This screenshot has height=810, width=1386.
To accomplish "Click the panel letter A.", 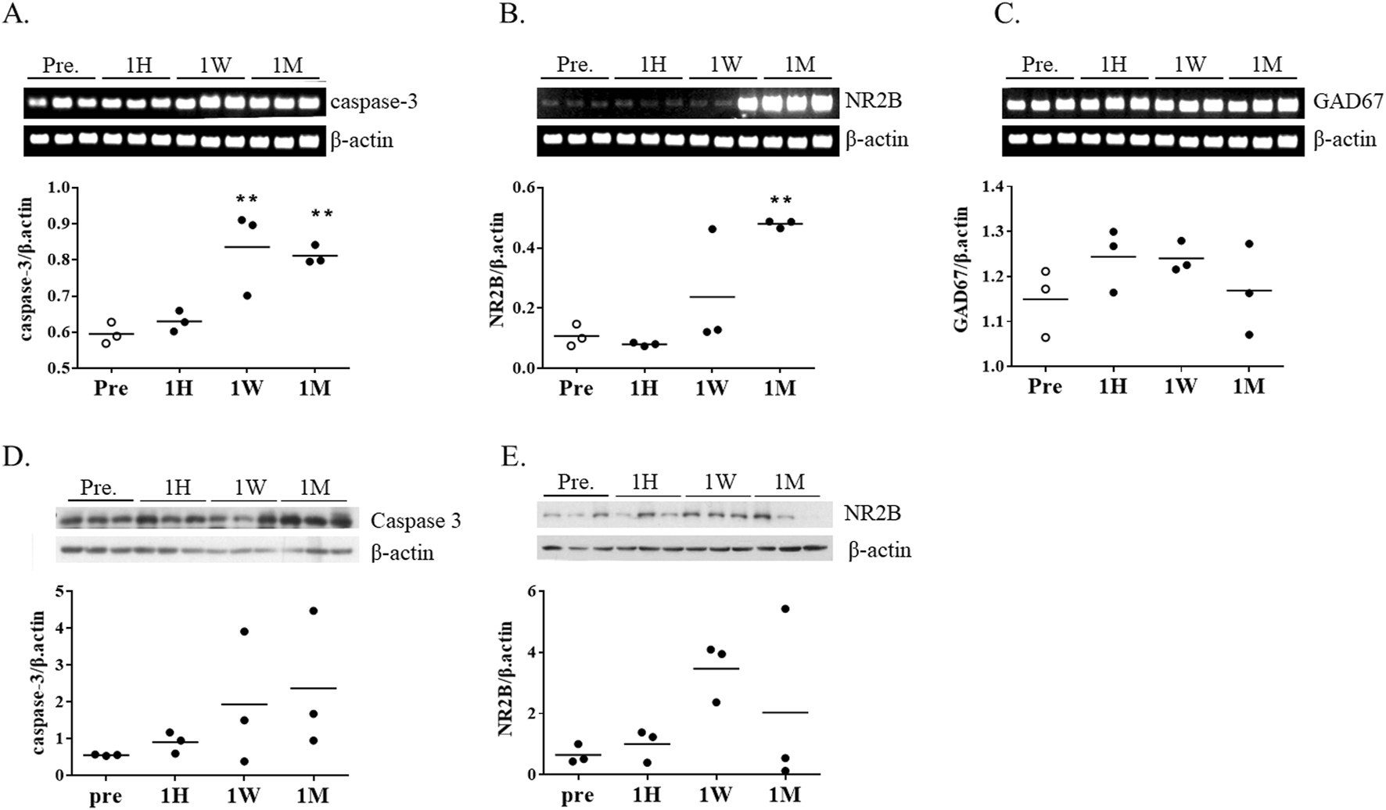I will [x=16, y=15].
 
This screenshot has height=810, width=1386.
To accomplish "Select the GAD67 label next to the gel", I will [x=1348, y=101].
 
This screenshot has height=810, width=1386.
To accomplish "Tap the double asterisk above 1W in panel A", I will [x=247, y=199].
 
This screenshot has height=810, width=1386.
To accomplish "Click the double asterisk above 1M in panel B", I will [x=781, y=202].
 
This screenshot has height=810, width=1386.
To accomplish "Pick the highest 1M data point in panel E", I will [x=785, y=608].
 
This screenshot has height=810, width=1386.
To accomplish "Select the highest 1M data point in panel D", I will [x=314, y=611].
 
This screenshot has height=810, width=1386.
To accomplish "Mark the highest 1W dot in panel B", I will [x=712, y=229].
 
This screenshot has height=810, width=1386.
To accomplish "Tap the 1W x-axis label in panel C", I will [x=1180, y=386].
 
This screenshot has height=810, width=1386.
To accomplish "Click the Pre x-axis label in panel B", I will [x=576, y=388].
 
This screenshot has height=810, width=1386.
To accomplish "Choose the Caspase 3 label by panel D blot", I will [x=415, y=521].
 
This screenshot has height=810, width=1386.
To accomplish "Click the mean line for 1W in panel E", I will [x=716, y=668].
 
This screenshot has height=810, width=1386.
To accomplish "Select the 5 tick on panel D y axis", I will [x=58, y=591].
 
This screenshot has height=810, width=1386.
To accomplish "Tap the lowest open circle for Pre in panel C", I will [x=1046, y=338].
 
